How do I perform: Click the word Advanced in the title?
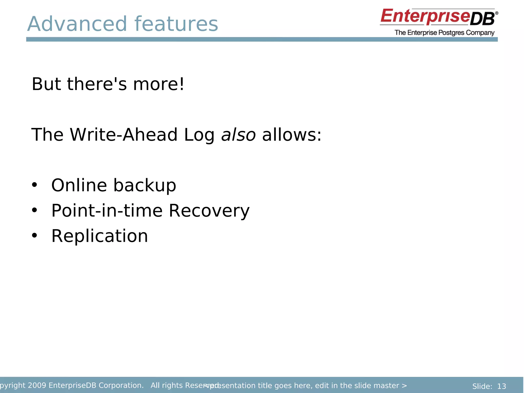[x=77, y=24]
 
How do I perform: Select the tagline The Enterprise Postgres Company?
[x=444, y=33]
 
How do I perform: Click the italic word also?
[x=238, y=135]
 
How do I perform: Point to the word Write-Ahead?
[x=124, y=135]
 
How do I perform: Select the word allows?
[x=291, y=135]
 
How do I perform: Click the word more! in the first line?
[x=158, y=84]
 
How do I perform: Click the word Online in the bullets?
[x=79, y=185]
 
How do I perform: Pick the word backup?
[x=145, y=186]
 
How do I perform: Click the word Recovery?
[x=209, y=211]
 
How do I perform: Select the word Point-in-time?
[x=107, y=211]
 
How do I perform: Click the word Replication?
[x=100, y=236]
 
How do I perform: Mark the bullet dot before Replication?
[x=34, y=236]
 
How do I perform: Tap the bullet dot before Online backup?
[x=34, y=185]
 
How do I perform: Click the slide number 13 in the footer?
[x=501, y=386]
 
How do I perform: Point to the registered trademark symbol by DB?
[x=496, y=13]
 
